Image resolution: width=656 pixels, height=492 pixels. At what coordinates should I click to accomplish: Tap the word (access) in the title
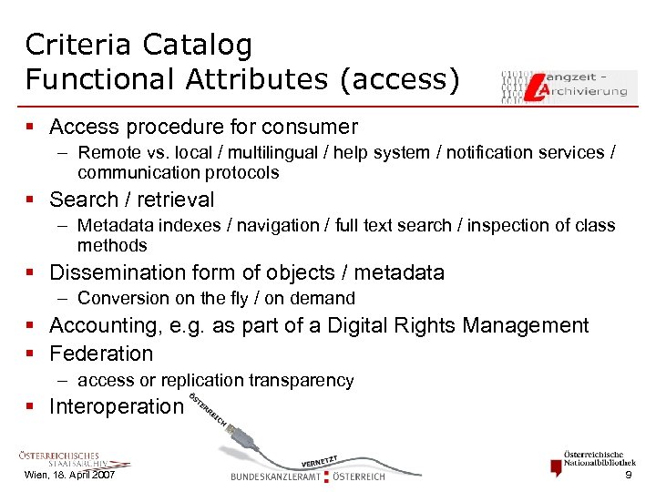[x=398, y=79]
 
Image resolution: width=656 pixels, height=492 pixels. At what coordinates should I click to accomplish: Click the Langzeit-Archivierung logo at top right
[x=569, y=86]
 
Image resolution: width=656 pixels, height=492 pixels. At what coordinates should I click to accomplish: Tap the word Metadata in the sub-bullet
[x=115, y=226]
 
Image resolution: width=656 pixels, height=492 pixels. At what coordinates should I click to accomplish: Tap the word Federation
[x=101, y=353]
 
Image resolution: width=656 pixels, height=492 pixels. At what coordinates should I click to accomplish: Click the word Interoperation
[x=116, y=406]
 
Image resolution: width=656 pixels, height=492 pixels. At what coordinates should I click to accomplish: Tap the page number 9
[x=627, y=476]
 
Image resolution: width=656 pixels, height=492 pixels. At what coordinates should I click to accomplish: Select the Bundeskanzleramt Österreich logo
[x=308, y=475]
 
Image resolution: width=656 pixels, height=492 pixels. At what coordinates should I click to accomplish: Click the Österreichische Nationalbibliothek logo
[x=592, y=461]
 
